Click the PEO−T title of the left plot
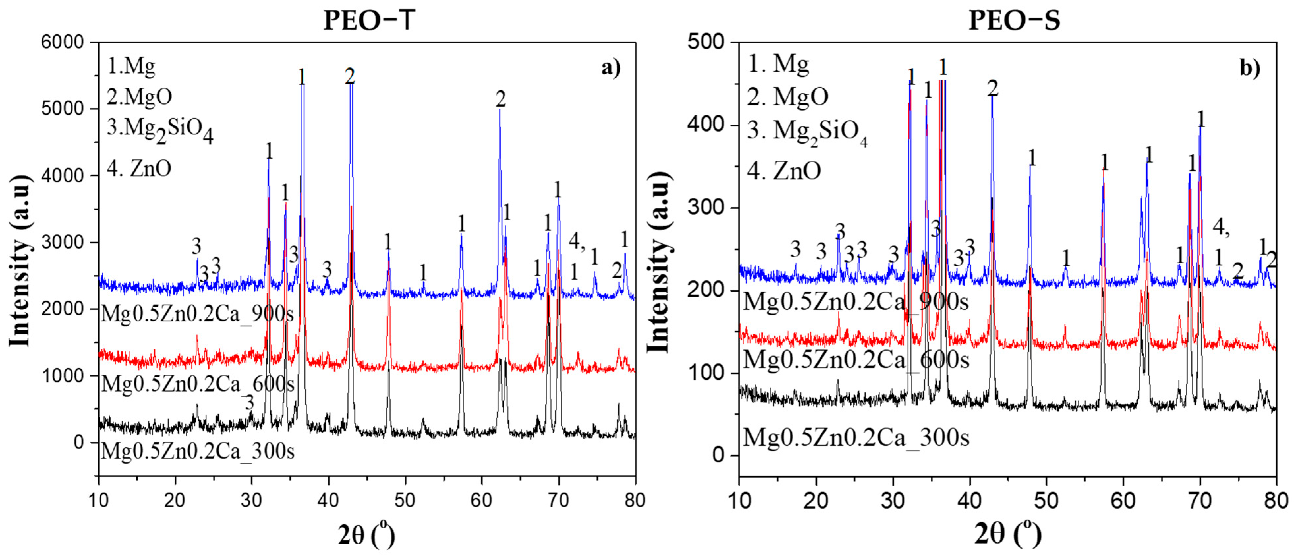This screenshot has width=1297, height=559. pyautogui.click(x=369, y=21)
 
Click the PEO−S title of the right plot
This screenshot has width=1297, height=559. pyautogui.click(x=1015, y=21)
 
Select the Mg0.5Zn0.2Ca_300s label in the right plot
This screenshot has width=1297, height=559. pyautogui.click(x=856, y=437)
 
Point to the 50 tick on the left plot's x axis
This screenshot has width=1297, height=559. pyautogui.click(x=405, y=500)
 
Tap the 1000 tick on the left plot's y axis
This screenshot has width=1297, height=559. pyautogui.click(x=62, y=375)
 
